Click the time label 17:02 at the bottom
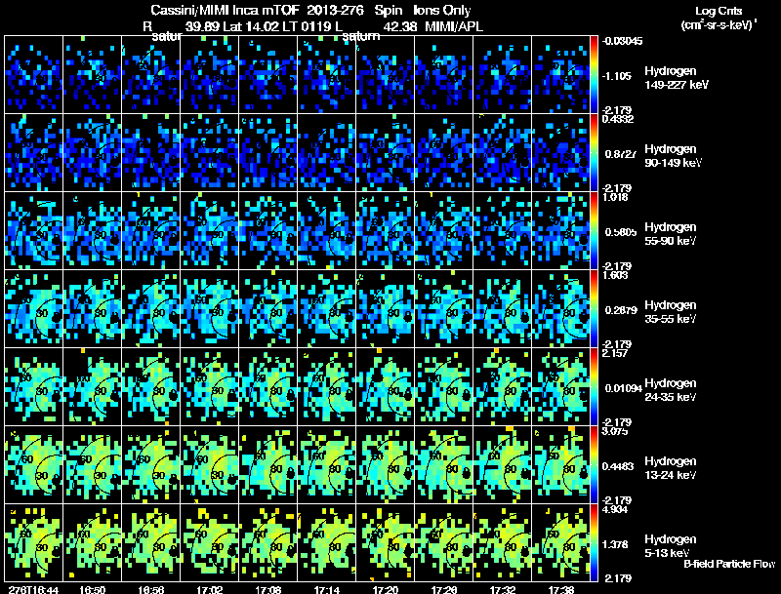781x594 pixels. coord(210,589)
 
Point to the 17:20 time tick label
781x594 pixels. coord(385,589)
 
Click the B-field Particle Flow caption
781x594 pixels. coord(729,564)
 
